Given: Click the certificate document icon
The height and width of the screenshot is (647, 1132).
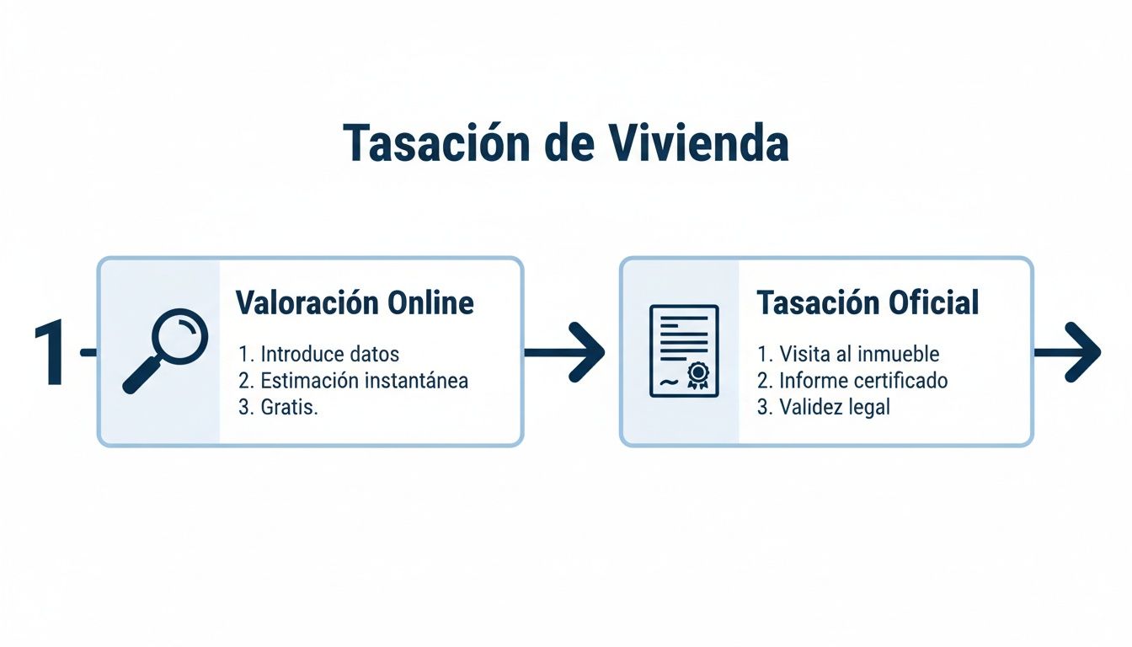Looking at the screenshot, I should click(x=684, y=350).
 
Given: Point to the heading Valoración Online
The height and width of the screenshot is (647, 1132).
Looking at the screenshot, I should click(x=355, y=302).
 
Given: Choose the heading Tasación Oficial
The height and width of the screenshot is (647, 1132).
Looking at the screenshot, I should click(x=868, y=302).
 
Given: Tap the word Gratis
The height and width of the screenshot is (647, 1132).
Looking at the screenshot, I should click(x=289, y=407).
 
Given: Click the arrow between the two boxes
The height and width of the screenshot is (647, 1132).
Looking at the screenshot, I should click(x=565, y=351).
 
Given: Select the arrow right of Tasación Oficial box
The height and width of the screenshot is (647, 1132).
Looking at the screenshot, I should click(x=1067, y=351).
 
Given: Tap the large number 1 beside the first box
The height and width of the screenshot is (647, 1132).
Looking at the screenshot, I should click(x=50, y=353).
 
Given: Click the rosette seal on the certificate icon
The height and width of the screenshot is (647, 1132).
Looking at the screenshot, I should click(x=697, y=374).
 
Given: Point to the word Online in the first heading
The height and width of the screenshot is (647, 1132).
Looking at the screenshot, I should click(x=430, y=302).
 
